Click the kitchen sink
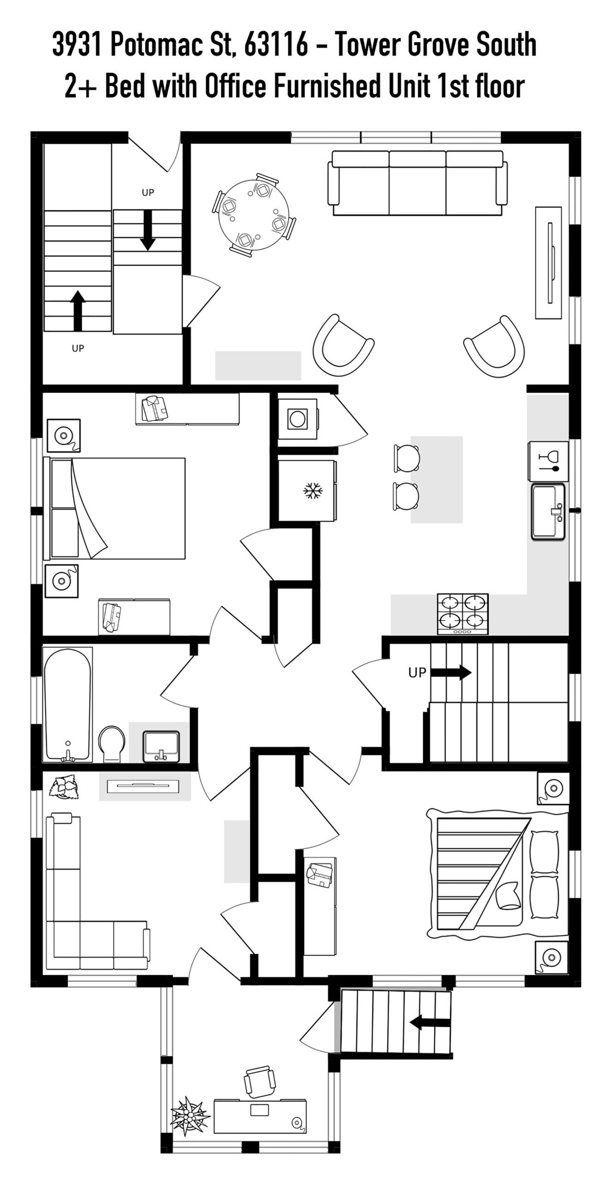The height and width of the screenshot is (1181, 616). point(548,512)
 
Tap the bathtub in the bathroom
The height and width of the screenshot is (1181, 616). point(68,704)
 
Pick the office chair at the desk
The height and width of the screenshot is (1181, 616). point(260,1081)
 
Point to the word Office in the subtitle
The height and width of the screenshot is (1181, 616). point(234,86)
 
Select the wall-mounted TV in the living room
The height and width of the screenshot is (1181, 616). point(550,262)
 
